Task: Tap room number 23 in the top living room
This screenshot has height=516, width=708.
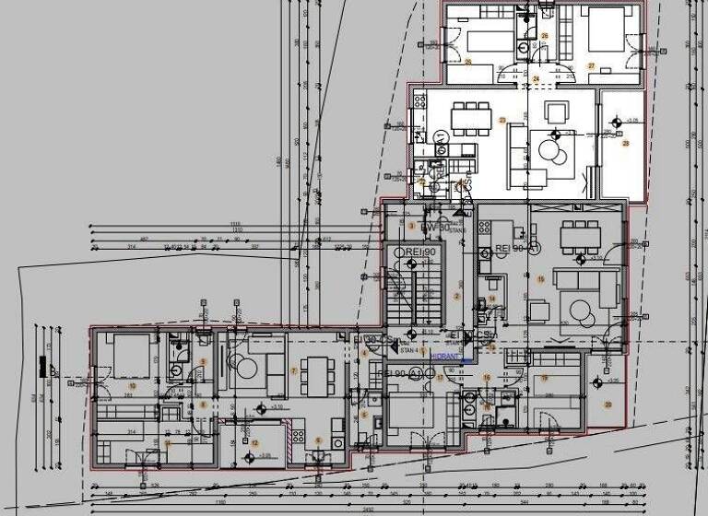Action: click(502, 120)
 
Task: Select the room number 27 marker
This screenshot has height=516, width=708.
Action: click(591, 65)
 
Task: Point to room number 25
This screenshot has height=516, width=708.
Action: click(468, 63)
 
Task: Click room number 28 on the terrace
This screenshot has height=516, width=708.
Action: click(625, 144)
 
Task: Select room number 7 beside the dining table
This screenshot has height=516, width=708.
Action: click(293, 370)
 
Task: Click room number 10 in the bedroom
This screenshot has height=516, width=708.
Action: click(132, 385)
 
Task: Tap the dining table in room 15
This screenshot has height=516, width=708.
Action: click(579, 236)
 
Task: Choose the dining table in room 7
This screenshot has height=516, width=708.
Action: click(316, 372)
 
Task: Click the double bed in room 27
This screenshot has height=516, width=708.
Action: click(604, 30)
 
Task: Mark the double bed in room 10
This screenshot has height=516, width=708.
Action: click(120, 350)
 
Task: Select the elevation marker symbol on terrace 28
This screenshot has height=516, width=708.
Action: click(616, 122)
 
